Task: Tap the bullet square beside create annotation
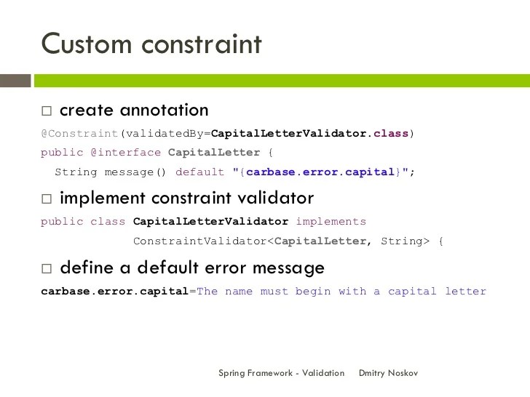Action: (x=47, y=111)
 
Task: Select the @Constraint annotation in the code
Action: (x=79, y=134)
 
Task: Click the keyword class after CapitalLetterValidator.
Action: (x=391, y=134)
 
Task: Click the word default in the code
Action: (x=200, y=172)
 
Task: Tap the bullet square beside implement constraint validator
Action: (x=47, y=198)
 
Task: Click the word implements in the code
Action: (x=331, y=221)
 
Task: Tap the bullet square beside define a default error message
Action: (x=47, y=268)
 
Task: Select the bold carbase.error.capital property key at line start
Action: (x=114, y=291)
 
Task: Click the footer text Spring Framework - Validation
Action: (x=281, y=373)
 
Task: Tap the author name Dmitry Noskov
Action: (x=389, y=373)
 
